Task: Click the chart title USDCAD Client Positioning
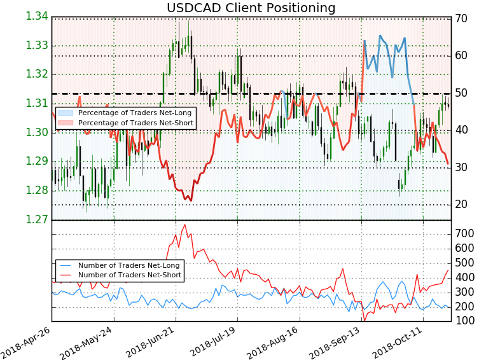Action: pyautogui.click(x=251, y=8)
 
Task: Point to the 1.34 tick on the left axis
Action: pyautogui.click(x=36, y=16)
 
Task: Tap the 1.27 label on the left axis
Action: pyautogui.click(x=36, y=220)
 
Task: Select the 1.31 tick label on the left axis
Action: pyautogui.click(x=36, y=104)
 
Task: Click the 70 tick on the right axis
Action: pyautogui.click(x=462, y=18)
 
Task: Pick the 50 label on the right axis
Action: pyautogui.click(x=462, y=93)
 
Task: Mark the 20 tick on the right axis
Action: pyautogui.click(x=462, y=204)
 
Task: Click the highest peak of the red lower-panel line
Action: pyautogui.click(x=184, y=225)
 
